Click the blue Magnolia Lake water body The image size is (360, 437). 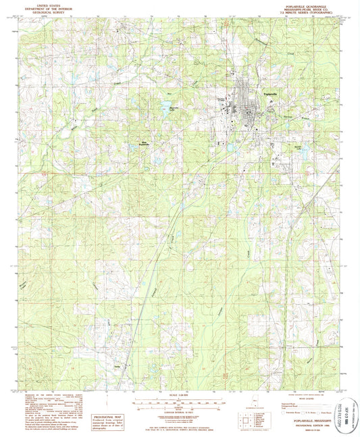coord(165,105)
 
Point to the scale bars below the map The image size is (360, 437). coord(180,403)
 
